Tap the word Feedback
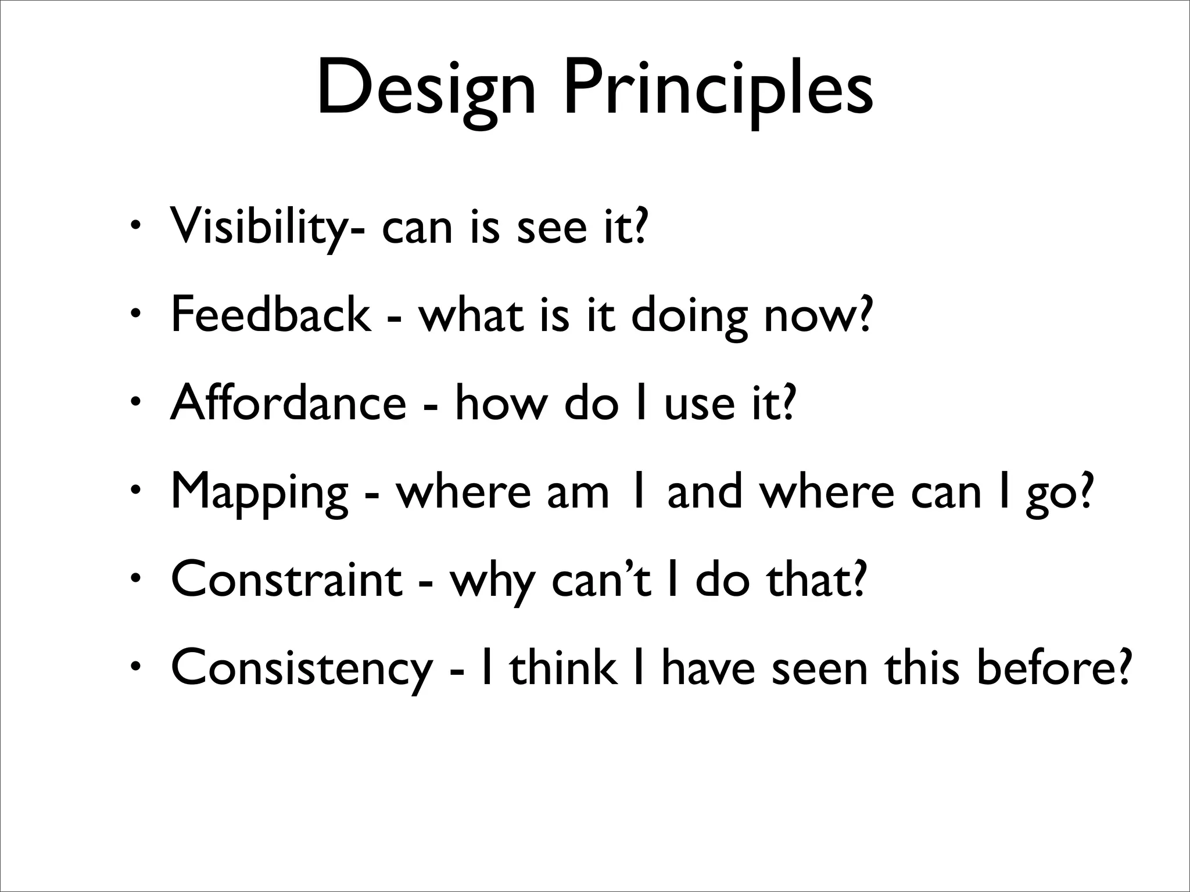pos(271,315)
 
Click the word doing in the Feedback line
pos(689,316)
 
